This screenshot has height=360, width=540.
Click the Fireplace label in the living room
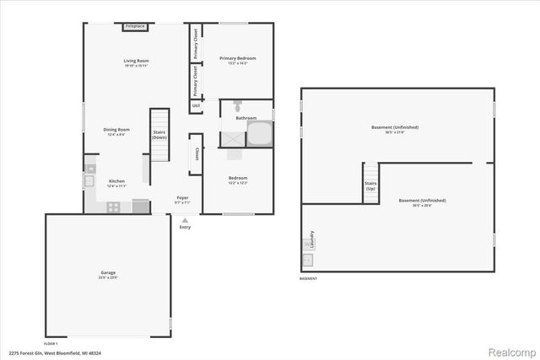[134, 27]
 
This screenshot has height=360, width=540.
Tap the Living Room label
[136, 61]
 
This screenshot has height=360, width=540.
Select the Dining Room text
[116, 129]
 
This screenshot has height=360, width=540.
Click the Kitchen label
[116, 181]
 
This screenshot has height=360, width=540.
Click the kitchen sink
[89, 180]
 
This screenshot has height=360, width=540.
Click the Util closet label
[196, 106]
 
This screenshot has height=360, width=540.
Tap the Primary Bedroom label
[238, 58]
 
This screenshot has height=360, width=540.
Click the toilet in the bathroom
[239, 108]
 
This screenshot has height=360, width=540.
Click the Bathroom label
[246, 118]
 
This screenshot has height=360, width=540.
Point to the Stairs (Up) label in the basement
[370, 185]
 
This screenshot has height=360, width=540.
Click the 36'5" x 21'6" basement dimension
[394, 132]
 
